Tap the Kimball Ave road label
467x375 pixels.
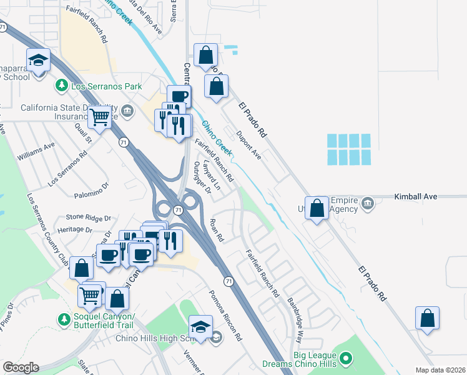click(x=417, y=196)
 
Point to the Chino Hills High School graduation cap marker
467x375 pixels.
click(x=200, y=327)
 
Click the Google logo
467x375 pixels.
click(x=21, y=367)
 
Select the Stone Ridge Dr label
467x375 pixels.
click(x=88, y=218)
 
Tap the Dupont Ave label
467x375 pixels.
click(x=248, y=144)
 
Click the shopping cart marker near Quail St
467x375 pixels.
click(x=99, y=116)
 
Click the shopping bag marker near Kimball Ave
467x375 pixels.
click(x=318, y=208)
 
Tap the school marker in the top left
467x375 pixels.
click(x=38, y=61)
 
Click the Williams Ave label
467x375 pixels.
click(x=36, y=152)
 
